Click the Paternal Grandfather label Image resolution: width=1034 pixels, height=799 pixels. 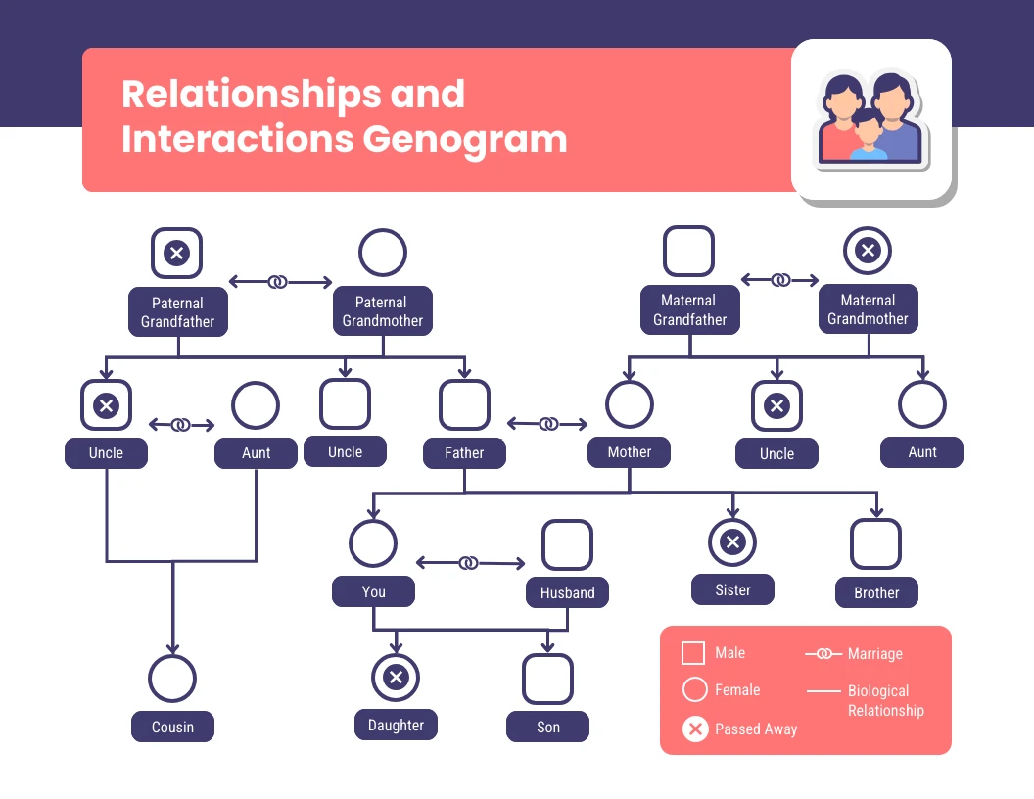point(177,311)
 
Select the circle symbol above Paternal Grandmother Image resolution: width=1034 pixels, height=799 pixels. point(383,253)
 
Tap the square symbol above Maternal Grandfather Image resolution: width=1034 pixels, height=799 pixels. point(688,252)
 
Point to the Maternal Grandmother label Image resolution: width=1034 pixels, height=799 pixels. point(868,309)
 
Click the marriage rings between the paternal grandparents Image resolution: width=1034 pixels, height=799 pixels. point(279,282)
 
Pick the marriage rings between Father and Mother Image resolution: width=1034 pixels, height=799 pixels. point(549,424)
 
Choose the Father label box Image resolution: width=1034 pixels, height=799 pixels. point(464,453)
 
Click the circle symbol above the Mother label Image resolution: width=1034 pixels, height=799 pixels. point(629,404)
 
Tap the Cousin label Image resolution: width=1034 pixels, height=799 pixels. point(172,727)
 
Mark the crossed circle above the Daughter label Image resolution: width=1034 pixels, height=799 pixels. point(396,678)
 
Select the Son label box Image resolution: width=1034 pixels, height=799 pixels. point(548,727)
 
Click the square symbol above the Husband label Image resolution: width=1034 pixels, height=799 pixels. point(567,545)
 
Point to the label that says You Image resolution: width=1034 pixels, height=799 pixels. point(373,591)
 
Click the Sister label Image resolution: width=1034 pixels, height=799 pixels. point(732,589)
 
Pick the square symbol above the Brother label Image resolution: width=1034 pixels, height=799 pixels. point(875,544)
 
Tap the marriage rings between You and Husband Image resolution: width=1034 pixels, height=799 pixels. point(469,563)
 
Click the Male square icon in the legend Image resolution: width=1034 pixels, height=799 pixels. point(693,653)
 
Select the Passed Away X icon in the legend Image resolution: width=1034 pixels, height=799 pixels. point(695,728)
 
